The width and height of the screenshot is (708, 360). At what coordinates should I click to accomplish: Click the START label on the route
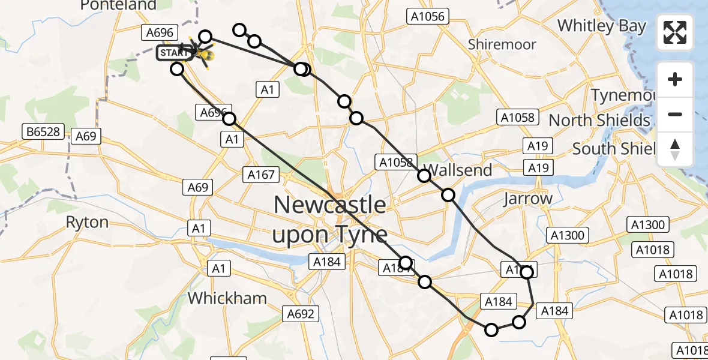(x=175, y=53)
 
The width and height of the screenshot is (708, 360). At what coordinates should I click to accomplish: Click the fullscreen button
(x=675, y=32)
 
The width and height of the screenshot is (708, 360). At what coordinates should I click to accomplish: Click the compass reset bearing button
(x=675, y=149)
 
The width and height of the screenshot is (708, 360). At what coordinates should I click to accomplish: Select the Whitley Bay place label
(x=602, y=26)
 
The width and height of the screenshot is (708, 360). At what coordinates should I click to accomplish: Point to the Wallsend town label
(x=458, y=170)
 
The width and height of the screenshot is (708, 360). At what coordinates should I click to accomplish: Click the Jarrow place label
(x=528, y=199)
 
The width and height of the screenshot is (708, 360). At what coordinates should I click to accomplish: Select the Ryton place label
(x=87, y=223)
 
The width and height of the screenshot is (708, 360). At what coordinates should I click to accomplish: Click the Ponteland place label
(x=118, y=5)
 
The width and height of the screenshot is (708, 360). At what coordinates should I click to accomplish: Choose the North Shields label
(x=599, y=120)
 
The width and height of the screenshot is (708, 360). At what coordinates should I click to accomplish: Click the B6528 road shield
(x=43, y=131)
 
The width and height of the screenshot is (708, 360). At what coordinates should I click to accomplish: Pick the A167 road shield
(x=261, y=175)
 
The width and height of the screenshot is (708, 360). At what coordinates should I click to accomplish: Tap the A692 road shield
(x=301, y=313)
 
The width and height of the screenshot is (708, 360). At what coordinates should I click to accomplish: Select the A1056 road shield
(x=426, y=16)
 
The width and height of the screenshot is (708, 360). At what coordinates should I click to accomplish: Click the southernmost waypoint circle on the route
(x=491, y=329)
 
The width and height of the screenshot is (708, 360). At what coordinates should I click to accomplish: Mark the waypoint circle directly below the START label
(x=177, y=69)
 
